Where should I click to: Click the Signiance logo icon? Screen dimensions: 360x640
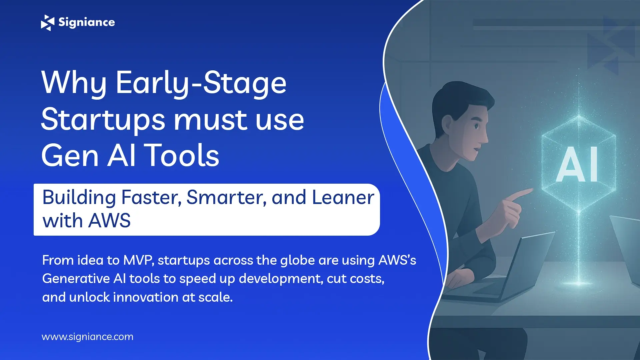point(47,23)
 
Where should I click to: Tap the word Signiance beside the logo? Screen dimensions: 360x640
point(87,22)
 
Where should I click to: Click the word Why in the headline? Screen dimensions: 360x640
point(74,83)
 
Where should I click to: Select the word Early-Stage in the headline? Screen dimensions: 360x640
point(201,83)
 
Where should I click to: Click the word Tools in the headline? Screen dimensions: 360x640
point(183,155)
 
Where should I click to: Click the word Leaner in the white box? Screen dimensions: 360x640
point(343,197)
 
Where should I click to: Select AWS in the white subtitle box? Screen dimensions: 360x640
point(110,221)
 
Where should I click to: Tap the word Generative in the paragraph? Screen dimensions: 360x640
point(76,279)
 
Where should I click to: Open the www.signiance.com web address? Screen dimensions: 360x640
point(87,337)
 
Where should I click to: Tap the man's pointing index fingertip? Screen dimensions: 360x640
point(530,191)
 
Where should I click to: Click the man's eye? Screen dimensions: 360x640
point(476,126)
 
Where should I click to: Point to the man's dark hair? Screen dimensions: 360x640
point(460,97)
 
